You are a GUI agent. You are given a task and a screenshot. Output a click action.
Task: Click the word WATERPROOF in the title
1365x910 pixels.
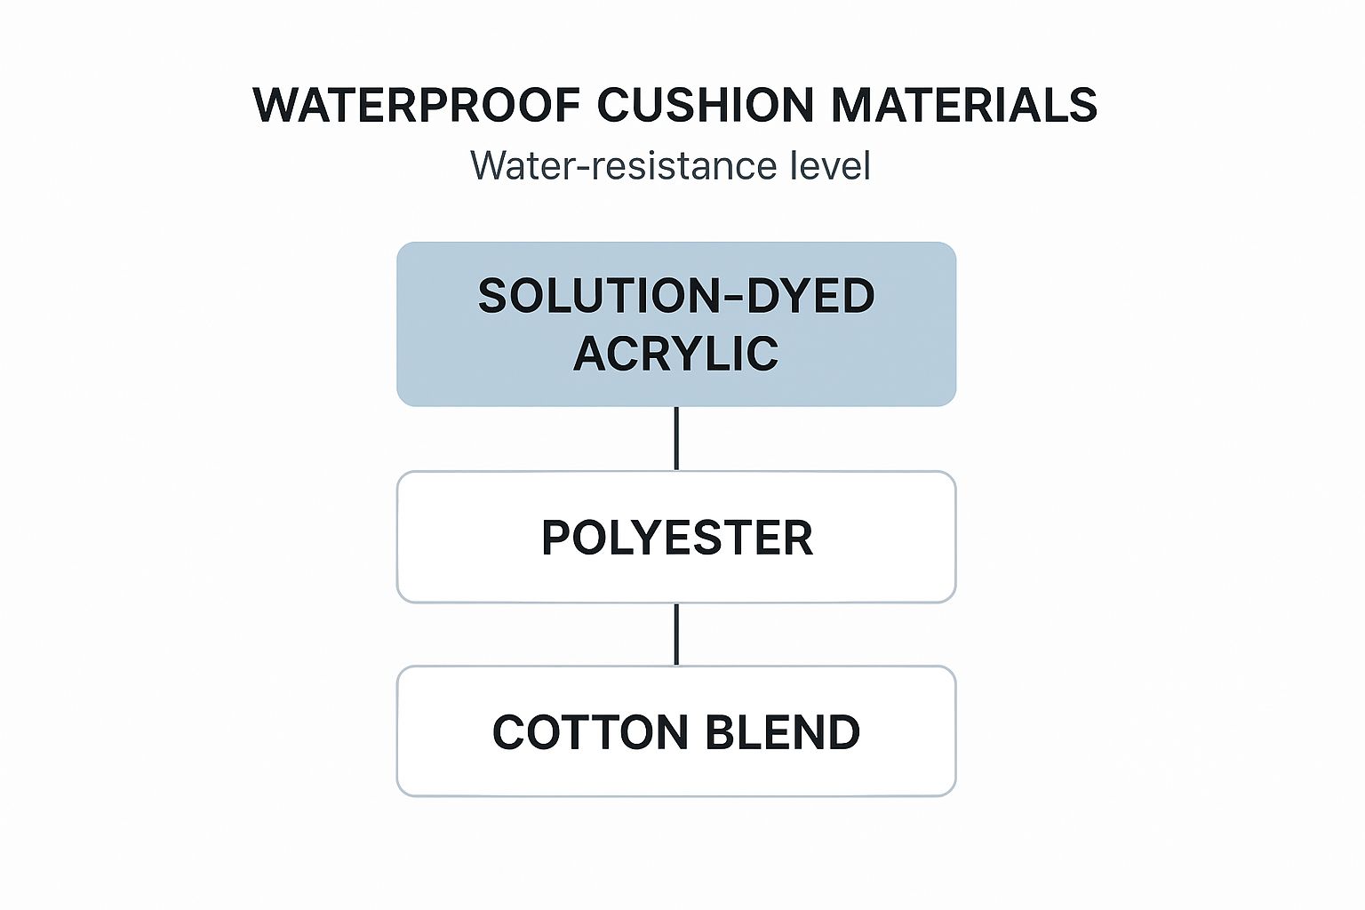(417, 105)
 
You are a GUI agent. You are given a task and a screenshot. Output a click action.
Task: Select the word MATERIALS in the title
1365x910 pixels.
(964, 105)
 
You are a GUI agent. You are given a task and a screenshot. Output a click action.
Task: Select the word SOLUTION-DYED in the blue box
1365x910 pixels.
(675, 296)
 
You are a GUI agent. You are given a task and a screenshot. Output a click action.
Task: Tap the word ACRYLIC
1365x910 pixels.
(675, 354)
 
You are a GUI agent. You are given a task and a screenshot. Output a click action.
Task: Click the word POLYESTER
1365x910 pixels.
(676, 538)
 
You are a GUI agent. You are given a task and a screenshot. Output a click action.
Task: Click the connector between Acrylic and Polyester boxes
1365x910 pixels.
(676, 438)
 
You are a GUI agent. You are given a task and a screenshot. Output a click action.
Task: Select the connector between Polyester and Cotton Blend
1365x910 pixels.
(676, 634)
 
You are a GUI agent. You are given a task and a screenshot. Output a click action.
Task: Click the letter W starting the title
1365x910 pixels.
(274, 105)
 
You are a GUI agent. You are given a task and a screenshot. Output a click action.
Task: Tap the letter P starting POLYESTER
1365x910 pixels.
(555, 538)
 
